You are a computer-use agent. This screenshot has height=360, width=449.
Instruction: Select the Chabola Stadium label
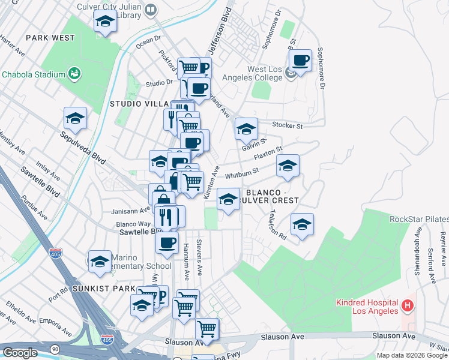[x=33, y=74]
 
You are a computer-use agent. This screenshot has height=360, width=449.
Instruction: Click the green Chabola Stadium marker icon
[x=75, y=74]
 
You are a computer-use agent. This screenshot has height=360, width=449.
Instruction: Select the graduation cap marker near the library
[x=106, y=22]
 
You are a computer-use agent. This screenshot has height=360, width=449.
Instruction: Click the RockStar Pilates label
[x=418, y=219]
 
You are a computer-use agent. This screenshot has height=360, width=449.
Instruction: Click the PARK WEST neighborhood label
[x=50, y=38]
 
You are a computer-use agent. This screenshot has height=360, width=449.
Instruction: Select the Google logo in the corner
[x=20, y=352]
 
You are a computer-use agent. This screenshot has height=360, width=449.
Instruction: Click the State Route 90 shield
[x=55, y=349]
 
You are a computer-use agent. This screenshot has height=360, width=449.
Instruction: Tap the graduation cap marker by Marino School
[x=100, y=262]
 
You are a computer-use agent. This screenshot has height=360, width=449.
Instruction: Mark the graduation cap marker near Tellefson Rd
[x=302, y=225]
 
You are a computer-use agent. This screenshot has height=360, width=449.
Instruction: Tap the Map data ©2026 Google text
[x=412, y=355]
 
